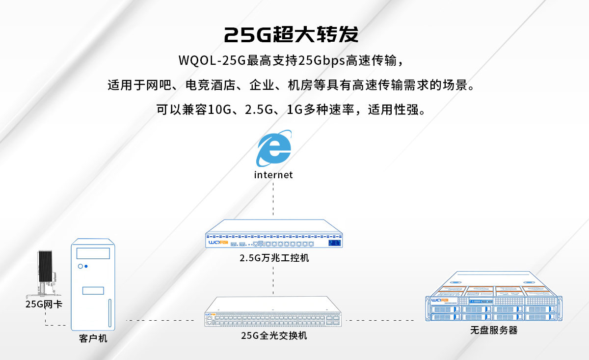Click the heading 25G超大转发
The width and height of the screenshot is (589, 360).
[291, 35]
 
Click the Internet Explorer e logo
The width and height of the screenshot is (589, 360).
[274, 149]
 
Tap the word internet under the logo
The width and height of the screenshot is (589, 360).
[273, 175]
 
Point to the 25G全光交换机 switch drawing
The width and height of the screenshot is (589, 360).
[274, 312]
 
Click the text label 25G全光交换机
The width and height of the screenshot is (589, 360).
[274, 336]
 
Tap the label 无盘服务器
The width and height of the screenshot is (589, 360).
[494, 330]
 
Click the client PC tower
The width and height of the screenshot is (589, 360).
[93, 285]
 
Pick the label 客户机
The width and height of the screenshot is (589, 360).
[93, 339]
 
